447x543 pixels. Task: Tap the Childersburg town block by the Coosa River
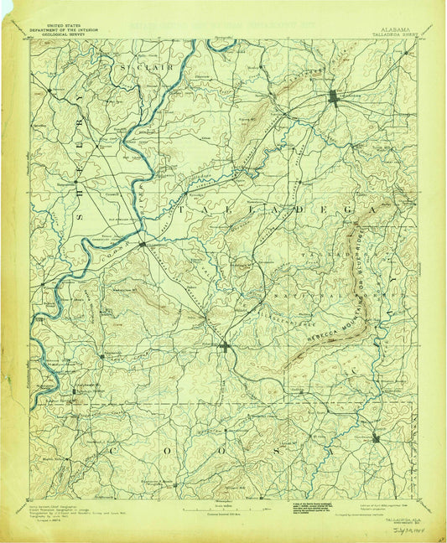(x=142, y=243)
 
